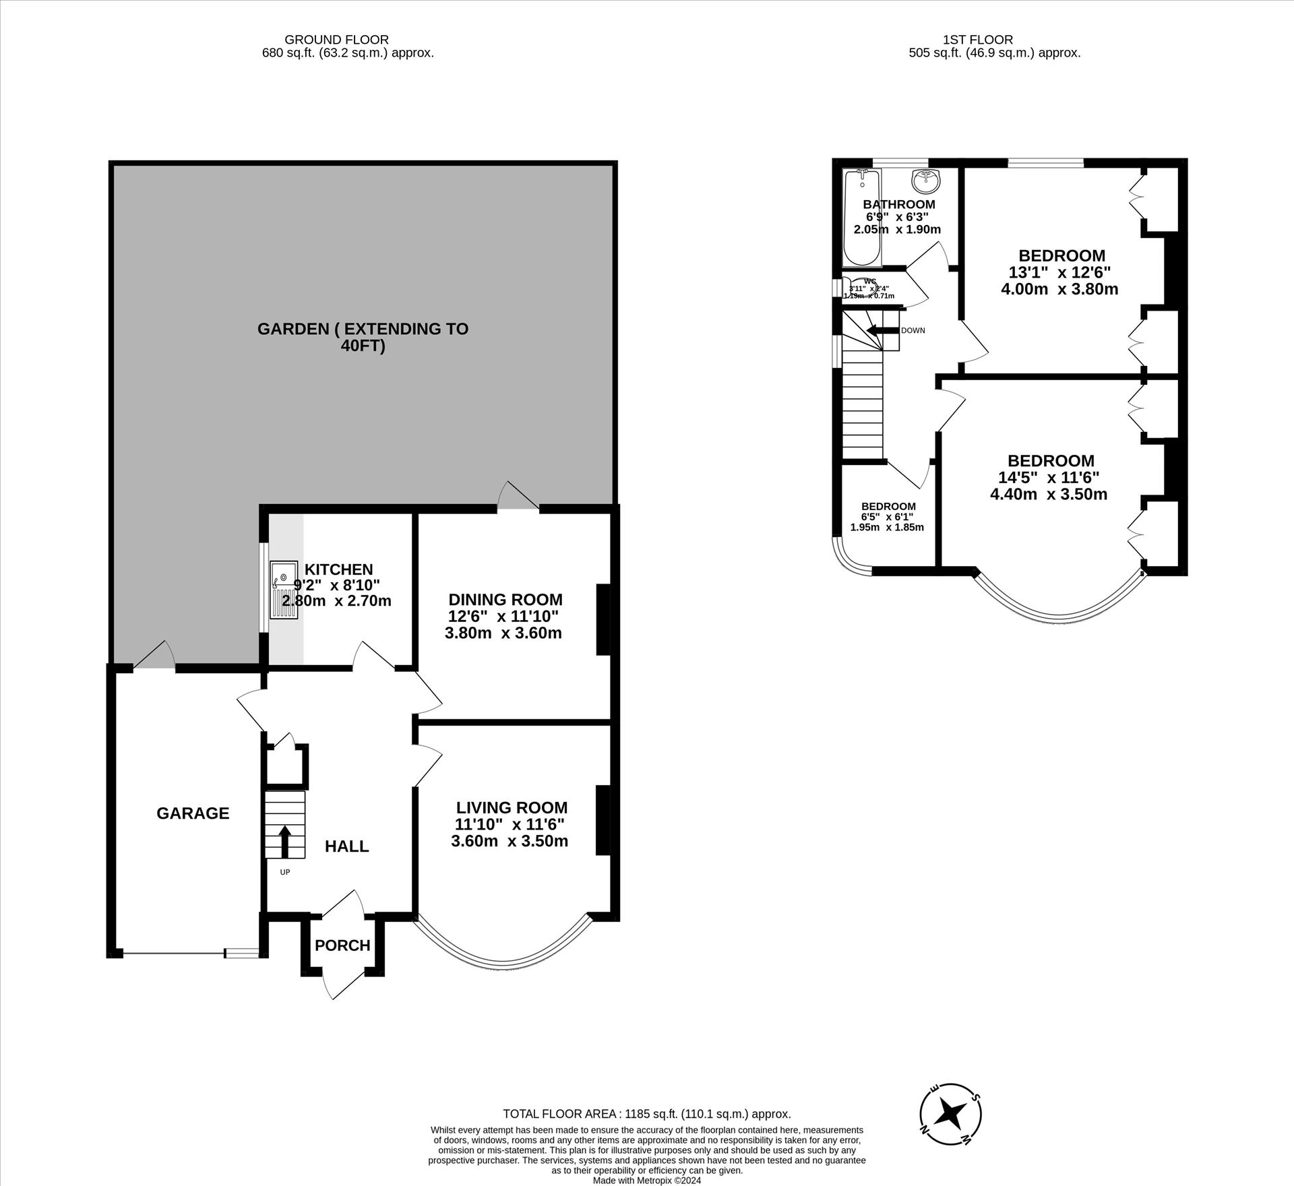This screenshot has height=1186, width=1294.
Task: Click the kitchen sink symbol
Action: point(283,590)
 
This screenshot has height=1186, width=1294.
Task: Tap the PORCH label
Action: point(342,945)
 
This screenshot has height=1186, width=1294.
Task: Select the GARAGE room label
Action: point(193,813)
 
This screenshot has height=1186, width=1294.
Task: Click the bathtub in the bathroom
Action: point(861,217)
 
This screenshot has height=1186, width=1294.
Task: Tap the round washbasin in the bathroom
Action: point(926,180)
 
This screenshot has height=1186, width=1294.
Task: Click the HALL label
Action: point(346,846)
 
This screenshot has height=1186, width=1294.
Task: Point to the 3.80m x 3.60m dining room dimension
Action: point(503,633)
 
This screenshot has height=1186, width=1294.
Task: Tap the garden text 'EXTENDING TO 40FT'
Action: point(363,338)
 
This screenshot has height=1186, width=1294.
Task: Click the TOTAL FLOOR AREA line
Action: point(646,1114)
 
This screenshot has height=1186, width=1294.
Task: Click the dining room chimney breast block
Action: point(603,619)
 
